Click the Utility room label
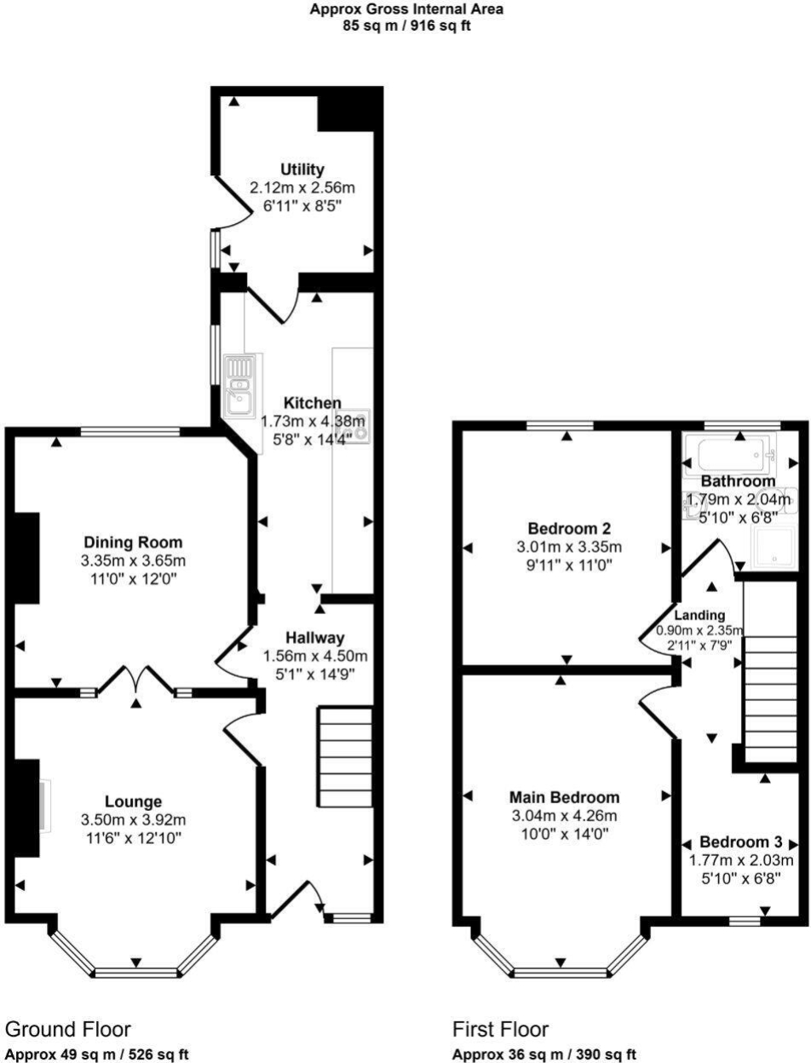[302, 170]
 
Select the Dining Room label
[133, 542]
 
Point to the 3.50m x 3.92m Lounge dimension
[133, 820]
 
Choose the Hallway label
[314, 637]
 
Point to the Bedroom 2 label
[569, 527]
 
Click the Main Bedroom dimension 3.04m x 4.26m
[564, 815]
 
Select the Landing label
[699, 616]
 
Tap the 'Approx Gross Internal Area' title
[405, 9]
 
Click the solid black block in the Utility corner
[346, 113]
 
